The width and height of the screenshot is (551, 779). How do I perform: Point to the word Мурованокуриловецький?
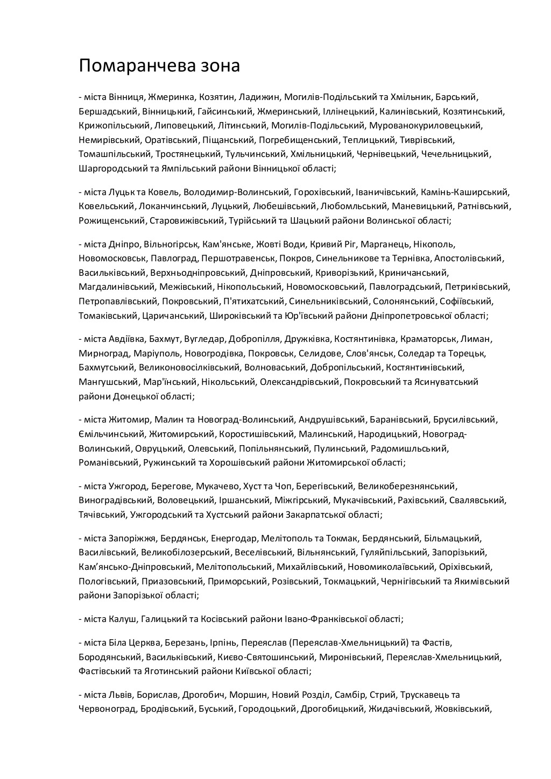426,126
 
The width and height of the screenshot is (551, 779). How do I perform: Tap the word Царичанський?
174,316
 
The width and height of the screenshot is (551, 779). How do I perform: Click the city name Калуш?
122,619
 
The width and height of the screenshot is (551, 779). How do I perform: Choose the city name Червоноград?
107,709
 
